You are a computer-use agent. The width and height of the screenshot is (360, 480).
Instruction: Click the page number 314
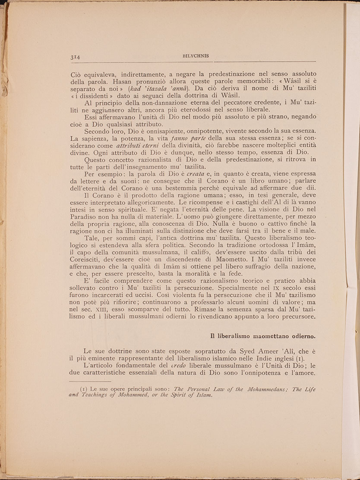point(76,56)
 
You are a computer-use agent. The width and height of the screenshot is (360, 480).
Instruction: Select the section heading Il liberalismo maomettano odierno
point(263,336)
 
